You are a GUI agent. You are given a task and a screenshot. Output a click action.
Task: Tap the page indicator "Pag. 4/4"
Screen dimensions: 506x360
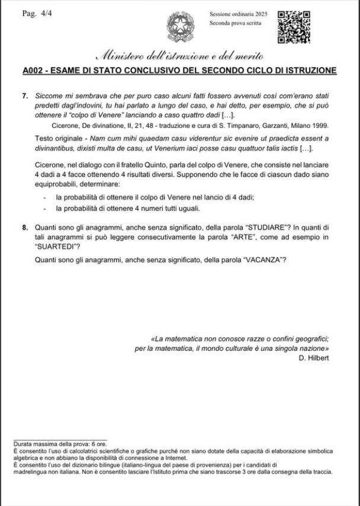pyautogui.click(x=38, y=13)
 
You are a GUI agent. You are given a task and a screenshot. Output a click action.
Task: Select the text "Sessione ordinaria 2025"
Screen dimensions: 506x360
pyautogui.click(x=239, y=14)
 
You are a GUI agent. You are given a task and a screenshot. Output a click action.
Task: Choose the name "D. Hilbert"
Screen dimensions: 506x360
pyautogui.click(x=314, y=358)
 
